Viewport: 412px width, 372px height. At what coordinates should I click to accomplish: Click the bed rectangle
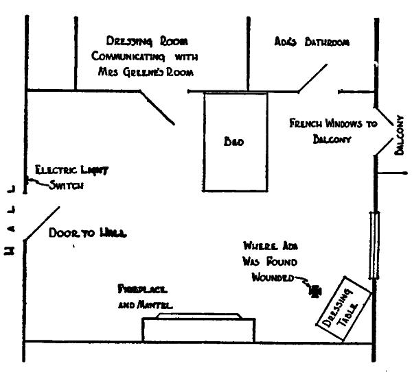click(x=235, y=164)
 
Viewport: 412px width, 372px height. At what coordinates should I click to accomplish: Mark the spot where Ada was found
click(x=315, y=290)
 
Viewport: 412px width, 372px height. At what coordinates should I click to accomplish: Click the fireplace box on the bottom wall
click(x=198, y=330)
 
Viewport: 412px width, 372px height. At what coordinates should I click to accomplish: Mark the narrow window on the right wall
click(x=374, y=245)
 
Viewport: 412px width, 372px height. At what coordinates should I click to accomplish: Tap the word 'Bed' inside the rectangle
click(x=234, y=142)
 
